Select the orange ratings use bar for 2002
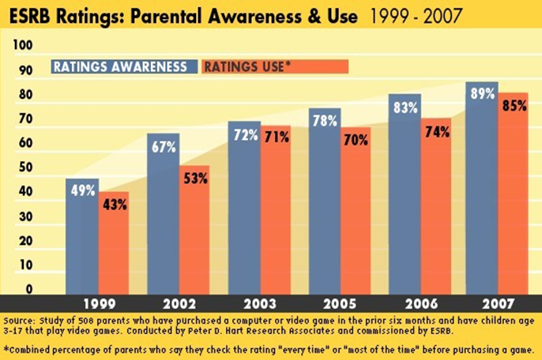click(x=194, y=237)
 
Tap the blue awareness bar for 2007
click(x=481, y=197)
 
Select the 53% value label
click(x=194, y=178)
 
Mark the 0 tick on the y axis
click(x=27, y=289)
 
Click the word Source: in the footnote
click(x=23, y=321)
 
